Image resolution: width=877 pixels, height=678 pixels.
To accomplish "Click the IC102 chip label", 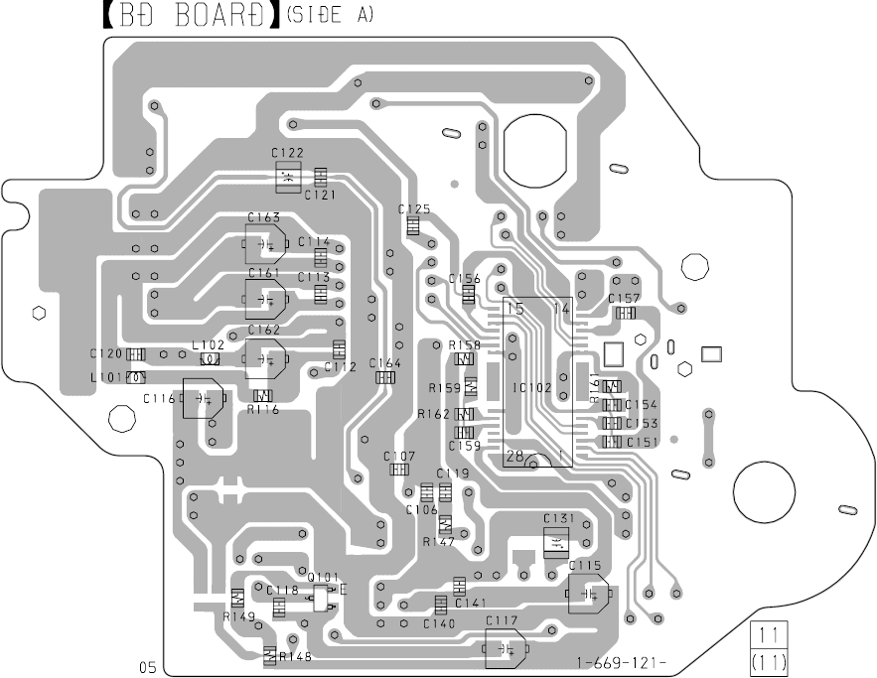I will coord(533,388).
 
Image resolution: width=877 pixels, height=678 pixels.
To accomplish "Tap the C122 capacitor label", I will coord(287,153).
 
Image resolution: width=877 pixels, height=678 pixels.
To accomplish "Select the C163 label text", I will coord(264,216).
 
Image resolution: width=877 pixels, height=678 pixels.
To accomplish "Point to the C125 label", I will coord(414,209).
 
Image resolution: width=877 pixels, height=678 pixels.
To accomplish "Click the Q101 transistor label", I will coord(323,577).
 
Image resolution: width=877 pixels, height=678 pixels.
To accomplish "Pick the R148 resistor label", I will coord(295,657).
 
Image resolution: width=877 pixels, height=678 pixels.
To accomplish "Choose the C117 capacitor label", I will coord(502,621).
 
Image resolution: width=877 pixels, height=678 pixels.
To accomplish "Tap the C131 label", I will coord(559,518).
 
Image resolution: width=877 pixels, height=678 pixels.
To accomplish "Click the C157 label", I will coord(624,298).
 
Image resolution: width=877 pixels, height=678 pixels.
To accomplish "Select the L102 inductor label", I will coord(209,344).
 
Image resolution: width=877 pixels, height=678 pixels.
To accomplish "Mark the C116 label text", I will coord(159,398).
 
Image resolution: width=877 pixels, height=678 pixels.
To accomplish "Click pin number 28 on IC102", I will coord(514,456).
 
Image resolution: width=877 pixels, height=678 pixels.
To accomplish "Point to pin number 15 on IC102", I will coord(515,309).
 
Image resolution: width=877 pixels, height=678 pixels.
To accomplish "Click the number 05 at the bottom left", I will coord(147,667).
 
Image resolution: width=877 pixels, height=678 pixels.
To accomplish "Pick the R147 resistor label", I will coord(438,542).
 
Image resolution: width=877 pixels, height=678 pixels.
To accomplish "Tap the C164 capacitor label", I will coord(385,362).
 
